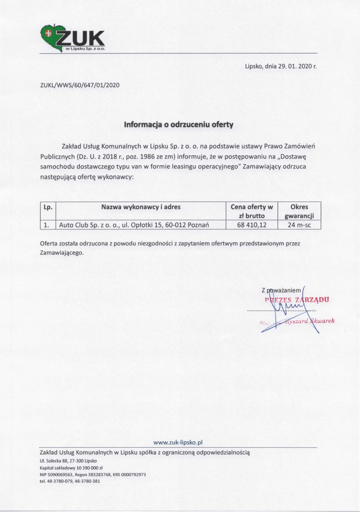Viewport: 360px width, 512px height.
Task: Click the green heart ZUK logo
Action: (72, 38)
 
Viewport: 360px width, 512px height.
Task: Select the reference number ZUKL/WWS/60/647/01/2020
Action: (80, 85)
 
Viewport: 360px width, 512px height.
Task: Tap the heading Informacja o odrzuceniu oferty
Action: (178, 125)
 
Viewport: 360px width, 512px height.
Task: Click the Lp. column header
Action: (47, 207)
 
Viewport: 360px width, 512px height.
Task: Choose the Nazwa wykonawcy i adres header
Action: (141, 207)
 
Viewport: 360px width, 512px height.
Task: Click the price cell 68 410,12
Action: (252, 225)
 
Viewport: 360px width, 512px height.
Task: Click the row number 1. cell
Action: (47, 225)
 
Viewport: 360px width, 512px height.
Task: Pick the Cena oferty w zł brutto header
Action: (252, 211)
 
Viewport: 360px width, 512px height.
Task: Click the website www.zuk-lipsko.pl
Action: (178, 442)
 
